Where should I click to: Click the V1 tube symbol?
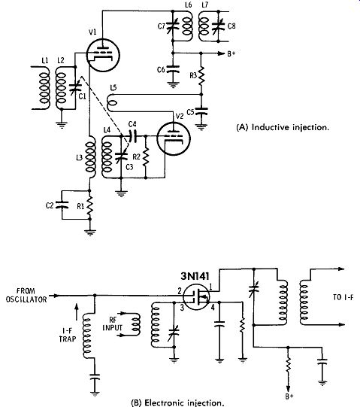point(103,55)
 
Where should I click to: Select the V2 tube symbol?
point(174,138)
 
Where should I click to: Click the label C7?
point(162,26)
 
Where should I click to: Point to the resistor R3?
point(201,75)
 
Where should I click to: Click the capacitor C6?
point(173,69)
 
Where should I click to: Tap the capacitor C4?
point(132,135)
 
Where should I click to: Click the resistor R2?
point(146,156)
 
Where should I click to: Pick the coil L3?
point(90,156)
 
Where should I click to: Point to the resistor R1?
point(89,205)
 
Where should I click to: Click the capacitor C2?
point(62,205)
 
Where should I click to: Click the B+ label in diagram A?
point(231,53)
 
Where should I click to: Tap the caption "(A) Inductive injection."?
point(283,127)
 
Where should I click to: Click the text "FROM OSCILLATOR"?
point(26,295)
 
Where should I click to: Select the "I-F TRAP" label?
point(67,335)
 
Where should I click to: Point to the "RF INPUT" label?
point(112,323)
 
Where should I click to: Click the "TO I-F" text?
point(343,297)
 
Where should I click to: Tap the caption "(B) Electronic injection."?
point(177,402)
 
